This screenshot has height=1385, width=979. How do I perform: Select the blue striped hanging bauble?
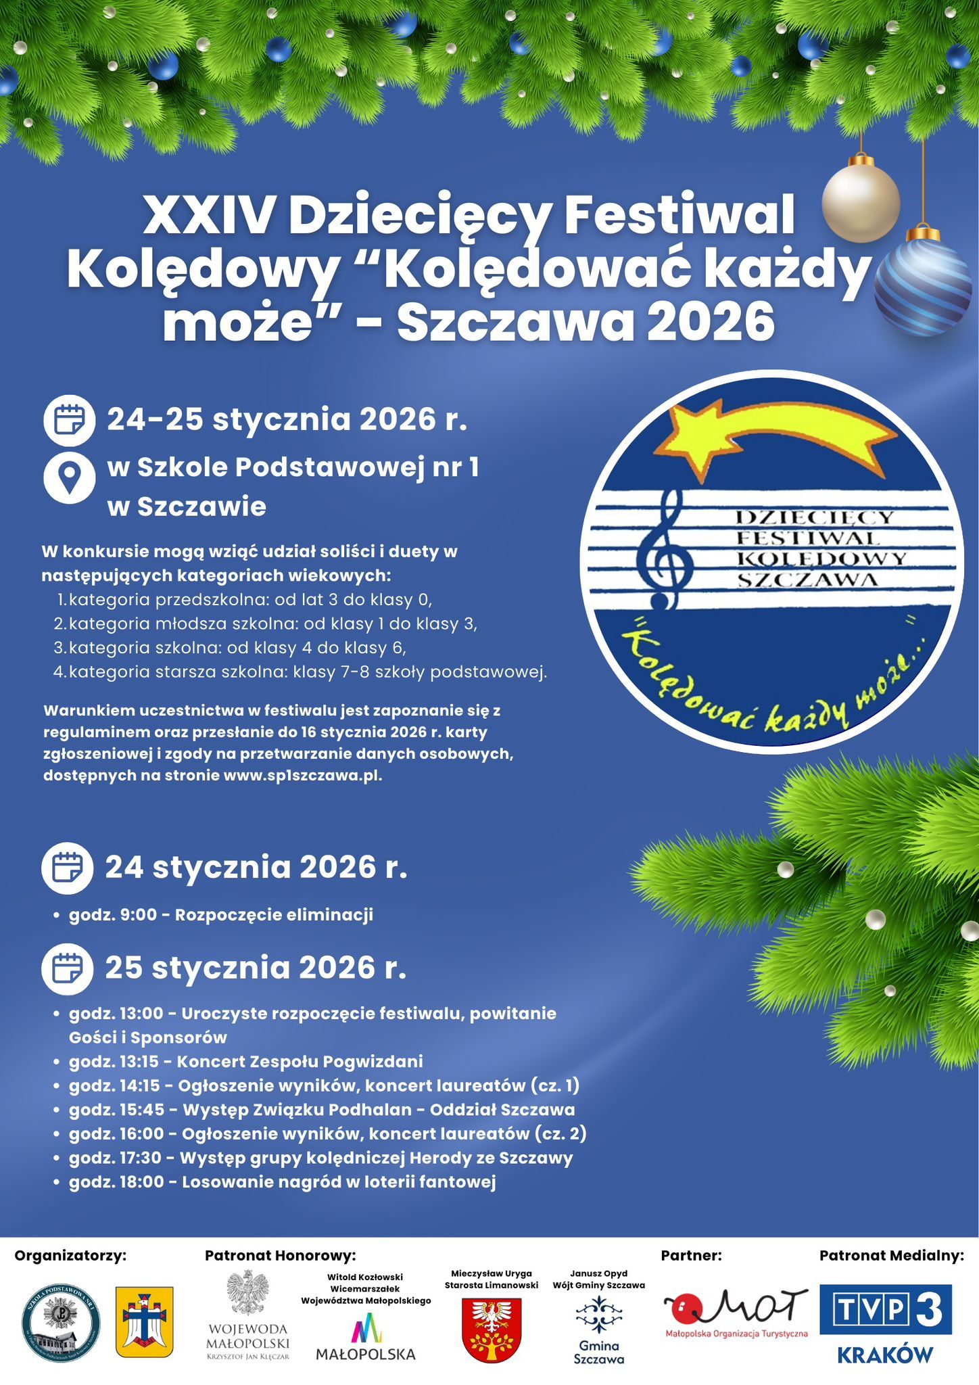923,287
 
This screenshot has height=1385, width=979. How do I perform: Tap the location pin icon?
69,477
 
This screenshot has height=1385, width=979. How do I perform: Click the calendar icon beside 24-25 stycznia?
69,420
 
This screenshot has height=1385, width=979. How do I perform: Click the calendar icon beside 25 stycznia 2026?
68,968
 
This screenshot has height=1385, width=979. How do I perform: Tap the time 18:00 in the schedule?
140,1182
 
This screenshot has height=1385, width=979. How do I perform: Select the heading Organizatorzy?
71,1256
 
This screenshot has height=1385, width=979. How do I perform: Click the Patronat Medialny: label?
891,1256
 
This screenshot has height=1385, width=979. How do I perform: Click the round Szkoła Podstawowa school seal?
62,1322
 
